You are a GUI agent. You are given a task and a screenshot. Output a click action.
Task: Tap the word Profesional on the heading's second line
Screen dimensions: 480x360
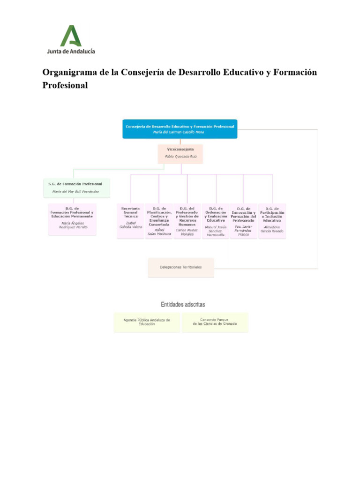click(x=65, y=86)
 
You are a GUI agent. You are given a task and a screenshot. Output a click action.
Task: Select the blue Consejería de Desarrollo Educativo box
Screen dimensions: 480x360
click(x=180, y=129)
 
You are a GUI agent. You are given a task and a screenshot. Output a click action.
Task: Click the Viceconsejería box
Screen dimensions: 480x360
click(x=180, y=153)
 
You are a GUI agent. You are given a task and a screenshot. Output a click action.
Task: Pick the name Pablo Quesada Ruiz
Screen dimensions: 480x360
click(x=180, y=156)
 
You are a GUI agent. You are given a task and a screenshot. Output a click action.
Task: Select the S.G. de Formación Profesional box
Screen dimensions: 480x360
click(x=77, y=187)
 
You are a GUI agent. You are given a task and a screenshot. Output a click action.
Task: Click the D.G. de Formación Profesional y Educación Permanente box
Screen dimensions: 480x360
click(x=72, y=219)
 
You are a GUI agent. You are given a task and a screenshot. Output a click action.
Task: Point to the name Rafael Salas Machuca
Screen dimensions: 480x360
click(x=159, y=232)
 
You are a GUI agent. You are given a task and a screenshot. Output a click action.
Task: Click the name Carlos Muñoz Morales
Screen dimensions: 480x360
click(x=187, y=232)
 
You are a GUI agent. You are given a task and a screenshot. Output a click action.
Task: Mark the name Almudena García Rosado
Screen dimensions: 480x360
click(x=272, y=229)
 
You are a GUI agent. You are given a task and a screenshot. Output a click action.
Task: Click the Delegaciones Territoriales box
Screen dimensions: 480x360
click(x=181, y=267)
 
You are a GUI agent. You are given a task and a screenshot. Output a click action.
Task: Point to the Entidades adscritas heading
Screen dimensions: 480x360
click(x=183, y=304)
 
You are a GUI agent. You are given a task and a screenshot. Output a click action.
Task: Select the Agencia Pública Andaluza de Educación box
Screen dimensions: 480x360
click(x=147, y=322)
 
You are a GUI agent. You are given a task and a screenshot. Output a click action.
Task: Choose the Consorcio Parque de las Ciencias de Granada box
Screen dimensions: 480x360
click(x=215, y=322)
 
